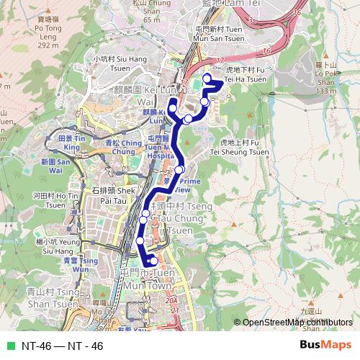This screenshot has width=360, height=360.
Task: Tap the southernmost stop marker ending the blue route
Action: pyautogui.click(x=153, y=261)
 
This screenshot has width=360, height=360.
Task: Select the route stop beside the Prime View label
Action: pyautogui.click(x=179, y=170)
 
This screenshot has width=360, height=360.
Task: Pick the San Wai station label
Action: pyautogui.click(x=53, y=166)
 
